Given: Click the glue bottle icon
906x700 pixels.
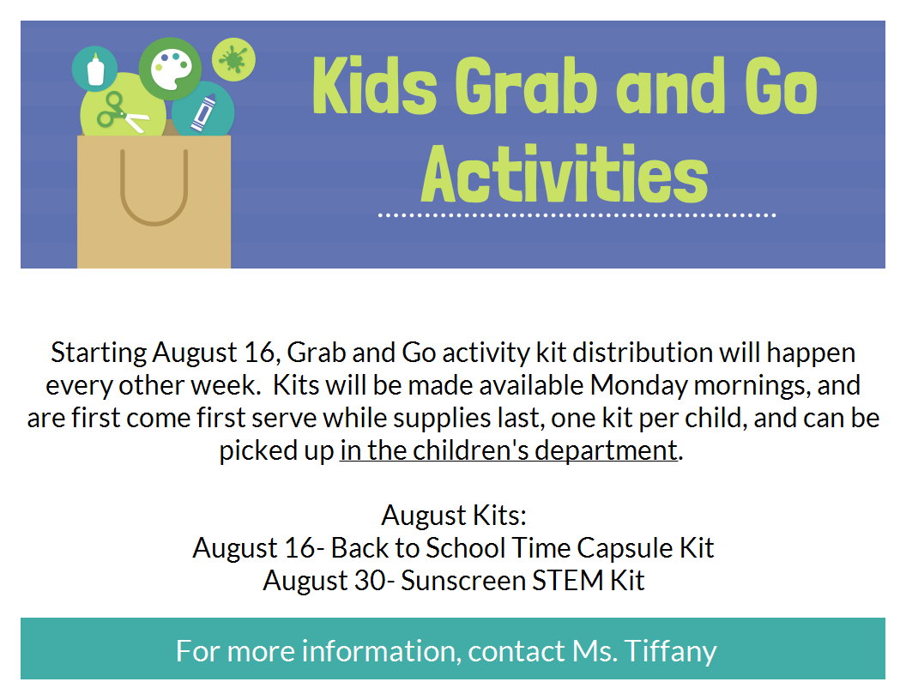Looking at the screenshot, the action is (x=95, y=69).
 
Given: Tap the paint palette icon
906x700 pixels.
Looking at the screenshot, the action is (x=171, y=69).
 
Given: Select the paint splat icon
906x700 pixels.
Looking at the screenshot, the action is (x=233, y=59).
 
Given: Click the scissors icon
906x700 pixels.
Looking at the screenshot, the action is (x=121, y=112).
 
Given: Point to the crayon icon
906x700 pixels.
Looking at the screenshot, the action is (x=203, y=112).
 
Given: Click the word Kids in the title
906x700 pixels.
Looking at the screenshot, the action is (x=374, y=86).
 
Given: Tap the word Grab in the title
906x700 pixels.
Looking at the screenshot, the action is (x=526, y=86).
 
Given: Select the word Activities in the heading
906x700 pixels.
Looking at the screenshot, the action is (x=565, y=173).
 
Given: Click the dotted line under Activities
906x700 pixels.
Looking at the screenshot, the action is (x=577, y=215).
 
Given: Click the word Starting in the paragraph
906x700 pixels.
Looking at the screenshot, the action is (x=99, y=353).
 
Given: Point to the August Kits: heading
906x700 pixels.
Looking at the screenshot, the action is (x=454, y=516).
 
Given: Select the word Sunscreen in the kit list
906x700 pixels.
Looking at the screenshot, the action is (x=462, y=581).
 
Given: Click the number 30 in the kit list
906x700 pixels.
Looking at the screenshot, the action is (x=369, y=581).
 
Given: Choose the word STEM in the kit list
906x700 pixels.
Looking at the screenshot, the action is (x=567, y=581).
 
